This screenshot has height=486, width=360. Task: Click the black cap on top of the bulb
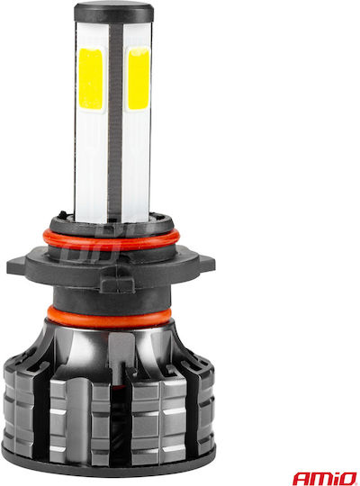[113, 12]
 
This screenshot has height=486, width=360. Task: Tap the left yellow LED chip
[91, 78]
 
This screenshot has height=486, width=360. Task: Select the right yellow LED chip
[139, 78]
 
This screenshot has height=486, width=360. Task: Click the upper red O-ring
[111, 239]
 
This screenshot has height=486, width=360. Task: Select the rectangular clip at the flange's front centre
[118, 283]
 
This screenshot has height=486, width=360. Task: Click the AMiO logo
[325, 478]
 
